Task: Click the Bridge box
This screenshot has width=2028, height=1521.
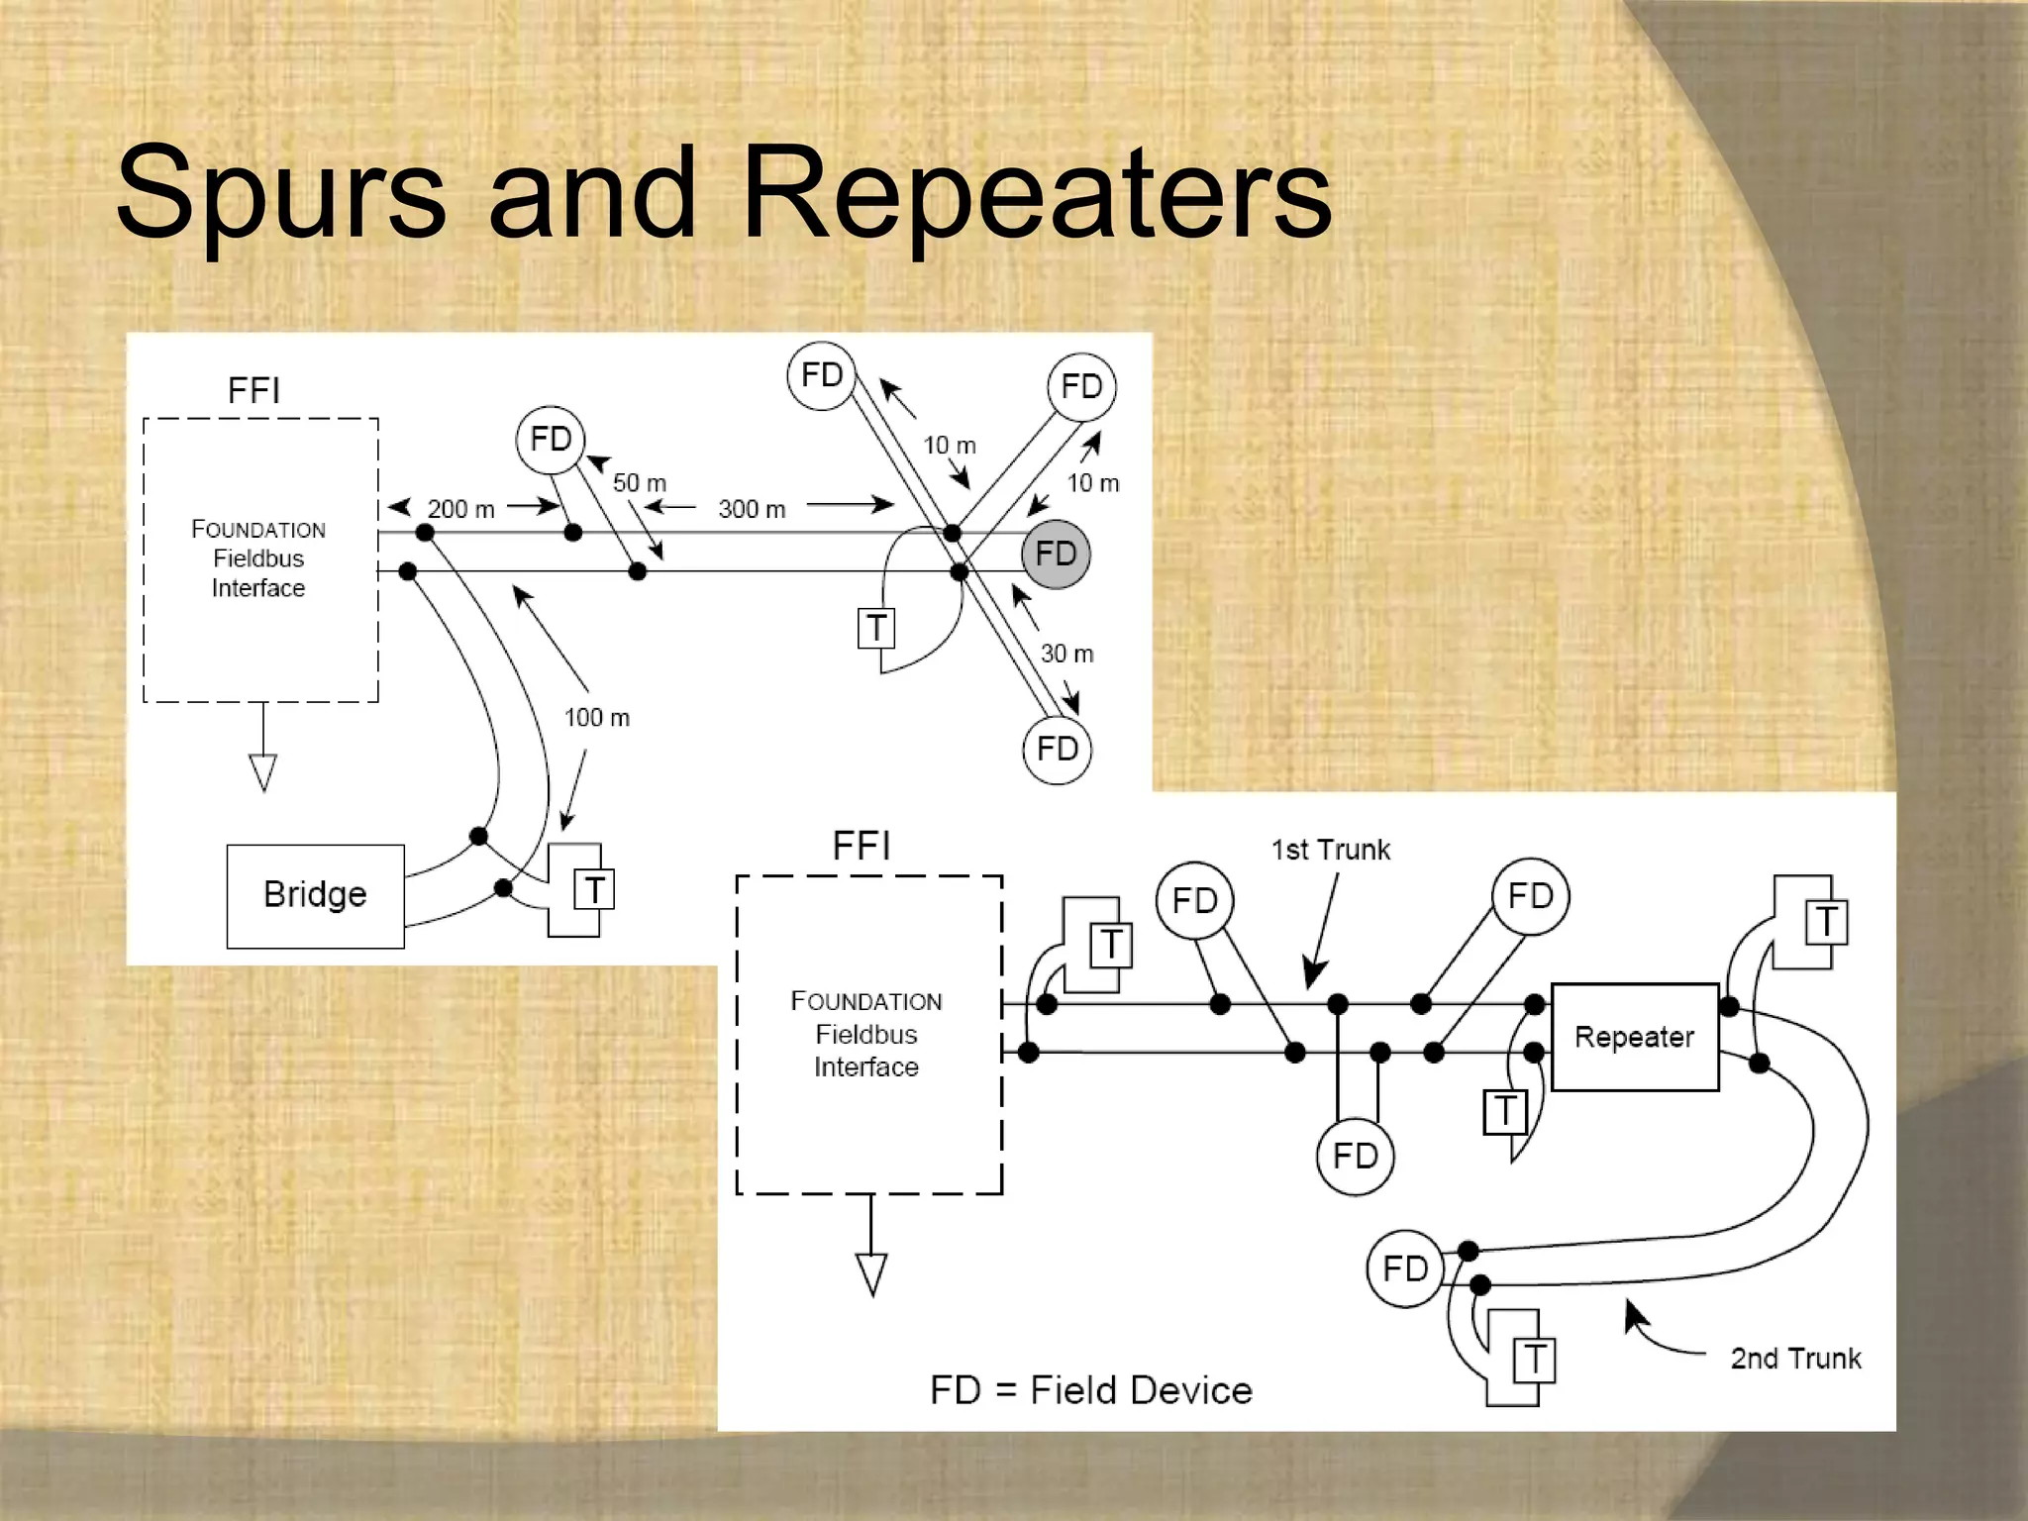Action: [315, 895]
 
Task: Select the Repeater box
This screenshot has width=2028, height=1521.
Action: [1634, 1037]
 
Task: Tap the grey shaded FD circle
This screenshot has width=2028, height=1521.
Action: [1056, 554]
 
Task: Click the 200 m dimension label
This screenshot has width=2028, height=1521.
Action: [460, 509]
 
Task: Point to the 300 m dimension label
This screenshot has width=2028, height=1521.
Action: [752, 509]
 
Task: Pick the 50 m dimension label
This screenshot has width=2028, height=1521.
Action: [639, 483]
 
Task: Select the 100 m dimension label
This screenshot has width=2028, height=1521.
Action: [596, 717]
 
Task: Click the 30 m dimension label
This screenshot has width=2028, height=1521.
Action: [1066, 654]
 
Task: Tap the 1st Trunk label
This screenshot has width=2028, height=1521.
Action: [1330, 850]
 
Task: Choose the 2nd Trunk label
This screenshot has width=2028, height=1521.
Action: [1795, 1358]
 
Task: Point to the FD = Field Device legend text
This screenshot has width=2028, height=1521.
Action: [1090, 1390]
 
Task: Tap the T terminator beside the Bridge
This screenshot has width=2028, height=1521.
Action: [594, 889]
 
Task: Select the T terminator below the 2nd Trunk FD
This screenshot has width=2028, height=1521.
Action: [1534, 1360]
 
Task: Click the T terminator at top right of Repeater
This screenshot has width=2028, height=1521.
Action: [1825, 922]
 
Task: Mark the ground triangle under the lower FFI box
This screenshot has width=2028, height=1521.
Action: [871, 1273]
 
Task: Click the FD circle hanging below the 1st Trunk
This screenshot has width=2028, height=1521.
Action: [1355, 1156]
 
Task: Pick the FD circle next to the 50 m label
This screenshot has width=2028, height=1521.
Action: [551, 439]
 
